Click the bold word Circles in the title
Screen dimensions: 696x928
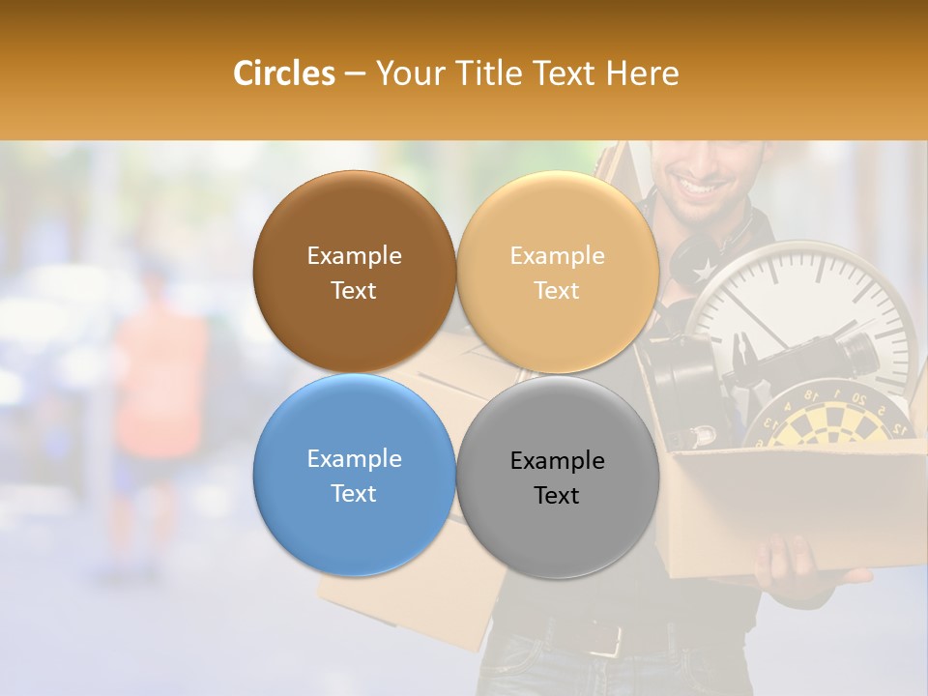pyautogui.click(x=283, y=73)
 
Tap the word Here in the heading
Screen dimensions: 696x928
pyautogui.click(x=642, y=73)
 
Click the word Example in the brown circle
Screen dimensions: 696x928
pyautogui.click(x=354, y=256)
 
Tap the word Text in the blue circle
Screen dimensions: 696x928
pyautogui.click(x=354, y=493)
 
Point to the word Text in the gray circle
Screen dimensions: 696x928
pyautogui.click(x=557, y=496)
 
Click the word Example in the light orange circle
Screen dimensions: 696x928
pyautogui.click(x=557, y=256)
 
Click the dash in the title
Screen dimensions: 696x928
pyautogui.click(x=355, y=74)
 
